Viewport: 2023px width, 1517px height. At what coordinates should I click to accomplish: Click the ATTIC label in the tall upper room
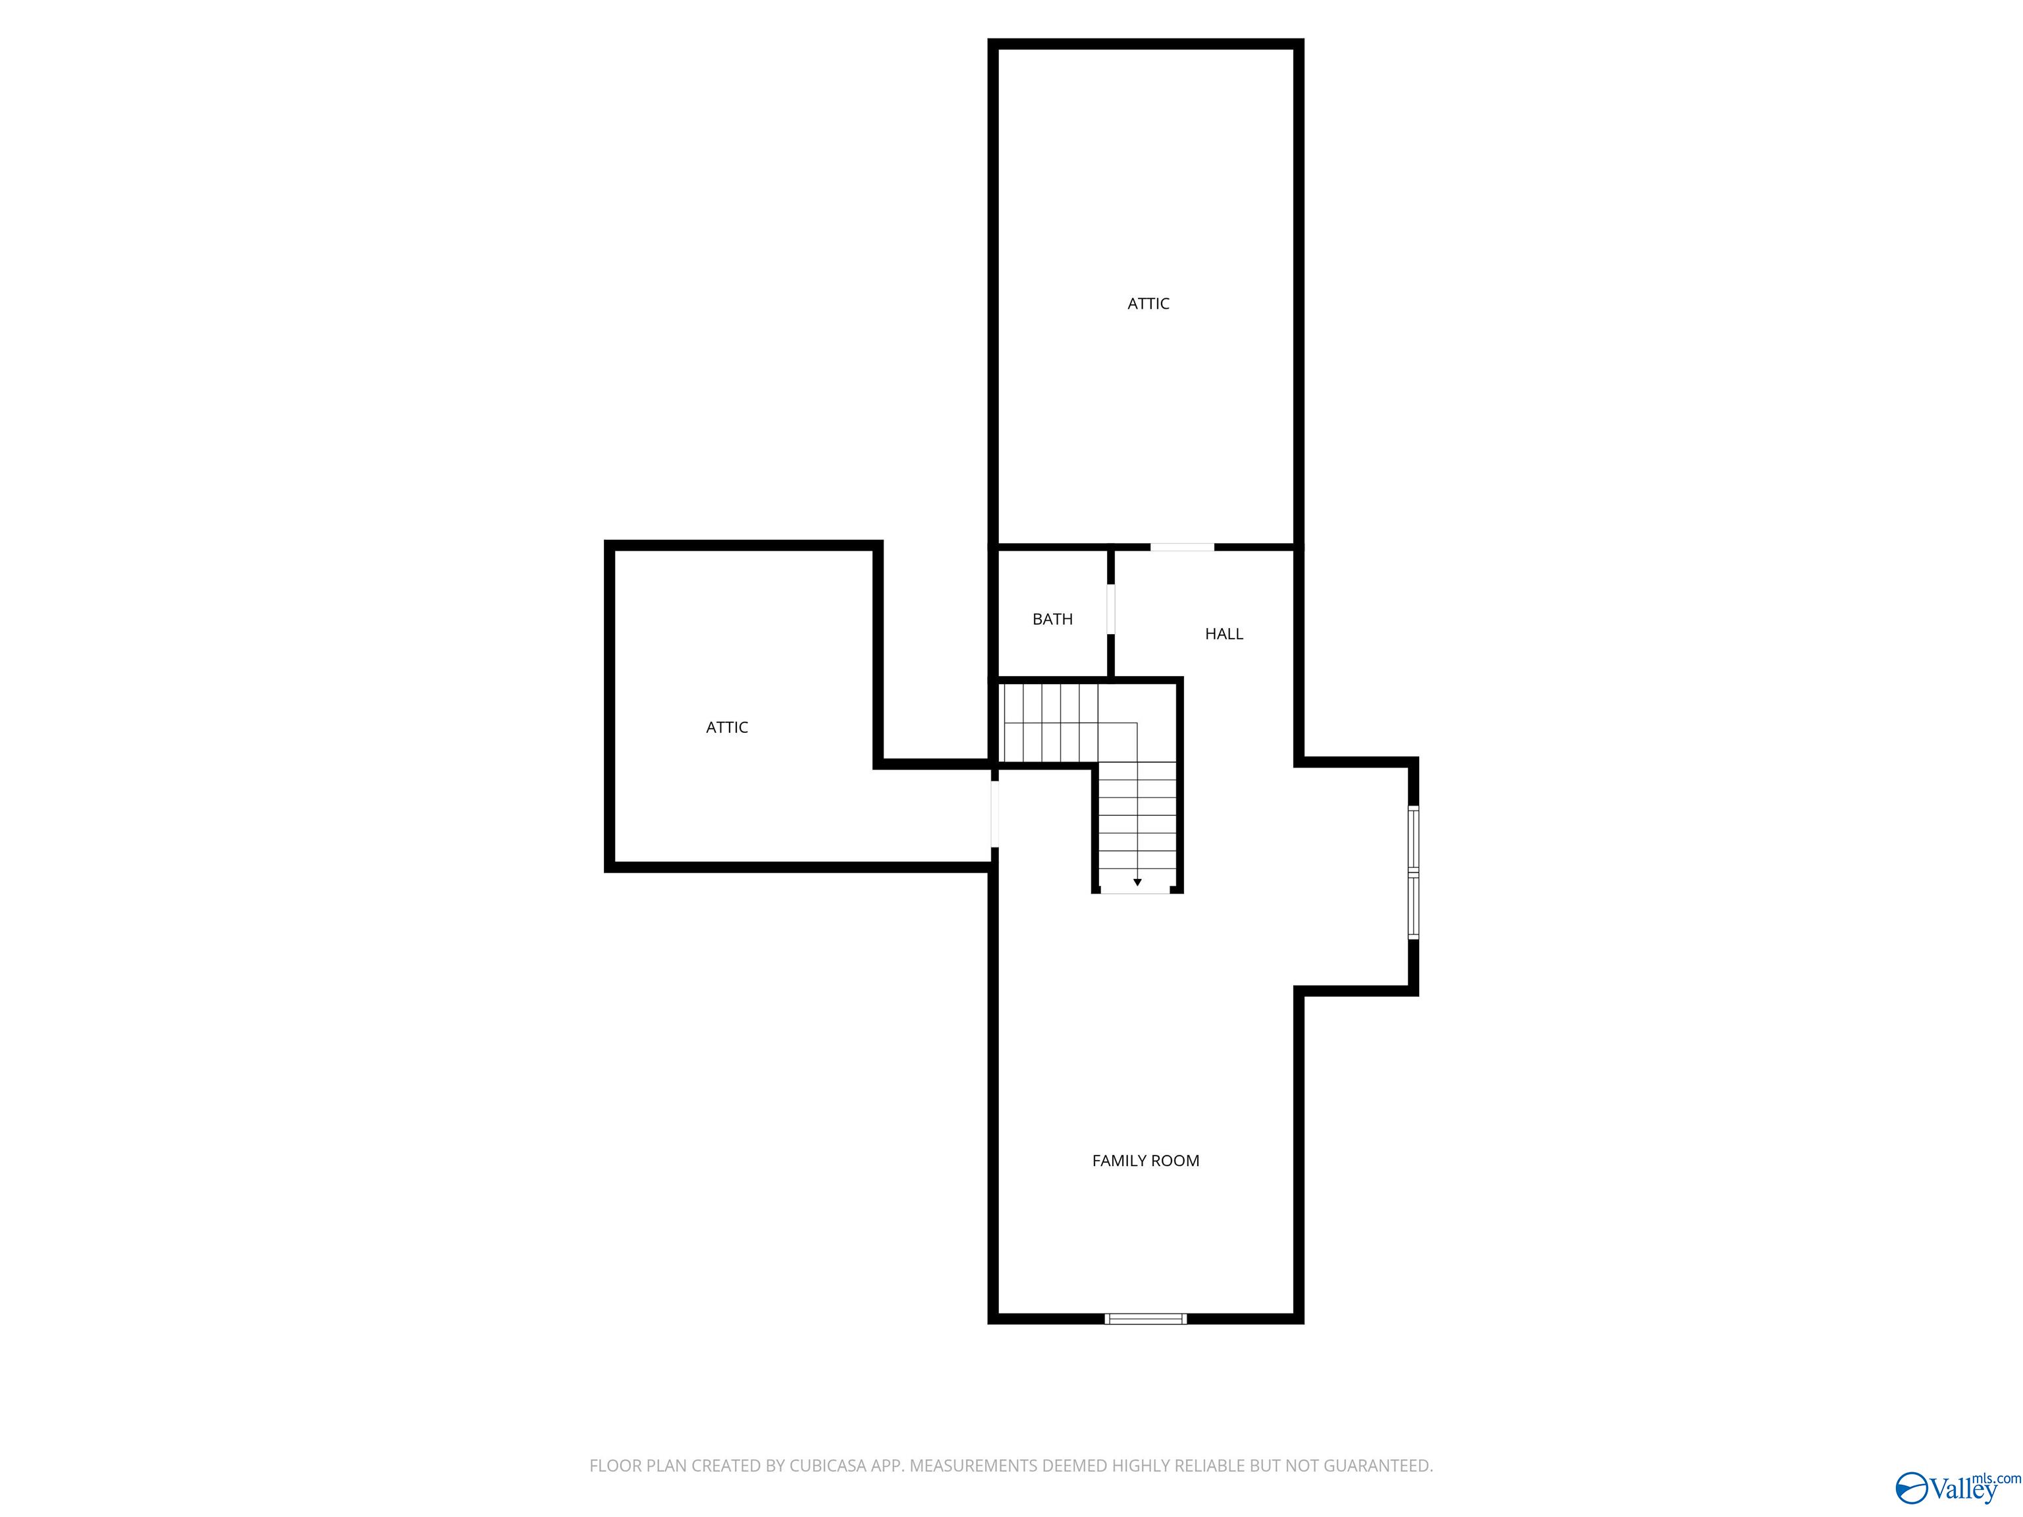1148,304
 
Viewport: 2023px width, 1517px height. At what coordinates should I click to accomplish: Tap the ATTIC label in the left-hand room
727,728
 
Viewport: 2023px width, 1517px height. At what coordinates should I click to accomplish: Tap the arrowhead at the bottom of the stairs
1137,882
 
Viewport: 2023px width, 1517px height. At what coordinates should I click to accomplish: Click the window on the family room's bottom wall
1145,1319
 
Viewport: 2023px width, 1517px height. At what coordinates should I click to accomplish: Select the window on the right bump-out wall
1413,872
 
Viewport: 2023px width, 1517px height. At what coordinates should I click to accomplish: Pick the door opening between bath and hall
1111,609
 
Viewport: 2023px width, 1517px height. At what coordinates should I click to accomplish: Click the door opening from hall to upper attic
1181,546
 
